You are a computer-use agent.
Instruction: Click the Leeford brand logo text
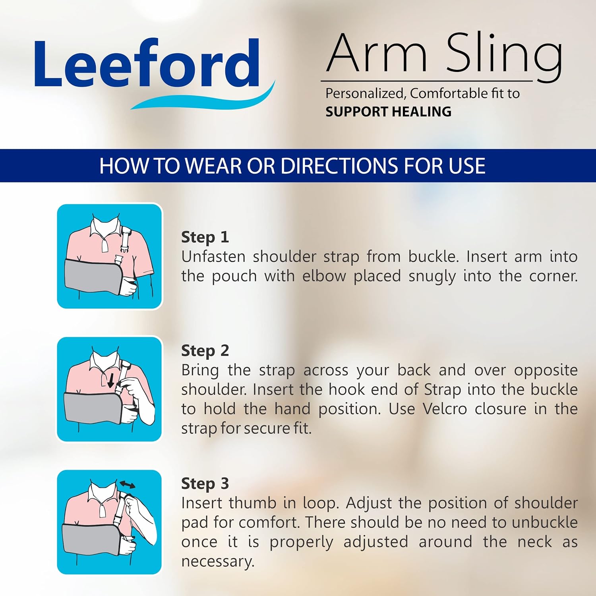147,64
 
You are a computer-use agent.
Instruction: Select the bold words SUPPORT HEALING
388,112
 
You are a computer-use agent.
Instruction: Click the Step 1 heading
205,237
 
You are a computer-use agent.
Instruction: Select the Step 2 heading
205,350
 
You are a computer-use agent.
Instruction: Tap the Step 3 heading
205,484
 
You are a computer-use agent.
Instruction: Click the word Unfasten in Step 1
213,257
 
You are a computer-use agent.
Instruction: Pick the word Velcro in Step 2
444,409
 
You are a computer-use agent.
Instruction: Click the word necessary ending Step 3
217,561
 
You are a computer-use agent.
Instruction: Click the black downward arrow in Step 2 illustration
111,380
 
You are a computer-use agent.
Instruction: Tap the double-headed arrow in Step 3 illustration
127,484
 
